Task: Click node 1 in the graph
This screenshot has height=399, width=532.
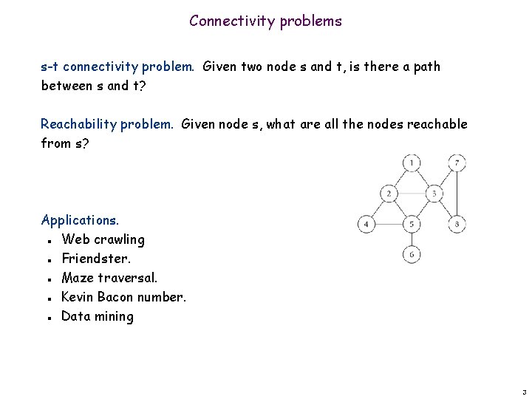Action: tap(412, 163)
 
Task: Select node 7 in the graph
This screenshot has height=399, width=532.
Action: tap(457, 163)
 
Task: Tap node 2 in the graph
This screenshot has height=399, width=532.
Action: tap(389, 194)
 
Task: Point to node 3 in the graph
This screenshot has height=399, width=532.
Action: tap(435, 194)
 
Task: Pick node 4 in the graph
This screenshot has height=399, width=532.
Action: tap(366, 224)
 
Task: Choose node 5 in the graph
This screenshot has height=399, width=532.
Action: tap(412, 224)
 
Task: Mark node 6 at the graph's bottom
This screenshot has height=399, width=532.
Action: tap(412, 255)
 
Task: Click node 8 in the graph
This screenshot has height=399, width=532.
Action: tap(457, 224)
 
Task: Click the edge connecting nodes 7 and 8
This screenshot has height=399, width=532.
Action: tap(457, 194)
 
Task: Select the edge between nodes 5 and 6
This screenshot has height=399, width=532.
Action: tap(412, 239)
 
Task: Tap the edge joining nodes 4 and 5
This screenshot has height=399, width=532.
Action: tap(389, 224)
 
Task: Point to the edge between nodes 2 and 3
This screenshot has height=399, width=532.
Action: tap(412, 194)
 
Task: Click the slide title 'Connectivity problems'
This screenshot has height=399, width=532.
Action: tap(265, 21)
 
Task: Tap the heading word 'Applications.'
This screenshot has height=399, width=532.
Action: tap(80, 220)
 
